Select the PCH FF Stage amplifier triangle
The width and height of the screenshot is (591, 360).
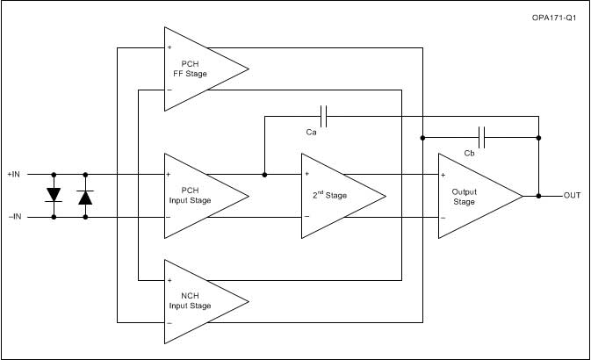(198, 68)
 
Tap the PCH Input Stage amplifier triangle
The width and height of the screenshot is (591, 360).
(198, 195)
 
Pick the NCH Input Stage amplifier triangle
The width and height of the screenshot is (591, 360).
(198, 301)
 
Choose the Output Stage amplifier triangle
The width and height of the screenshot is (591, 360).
(475, 195)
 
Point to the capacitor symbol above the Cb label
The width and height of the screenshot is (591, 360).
(481, 137)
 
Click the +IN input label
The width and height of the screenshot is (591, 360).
(15, 174)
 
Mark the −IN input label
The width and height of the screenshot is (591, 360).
(15, 216)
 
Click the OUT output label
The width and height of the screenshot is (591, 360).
(572, 195)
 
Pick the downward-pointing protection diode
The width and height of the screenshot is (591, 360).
(54, 194)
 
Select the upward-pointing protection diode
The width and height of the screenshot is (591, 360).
(85, 196)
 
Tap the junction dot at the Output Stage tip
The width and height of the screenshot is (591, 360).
(538, 195)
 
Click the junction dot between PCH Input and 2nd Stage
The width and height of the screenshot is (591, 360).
(264, 174)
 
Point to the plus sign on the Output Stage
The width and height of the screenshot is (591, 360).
(443, 174)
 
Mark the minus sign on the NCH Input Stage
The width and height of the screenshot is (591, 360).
(169, 323)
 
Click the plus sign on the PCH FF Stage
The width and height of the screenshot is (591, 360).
(169, 47)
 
